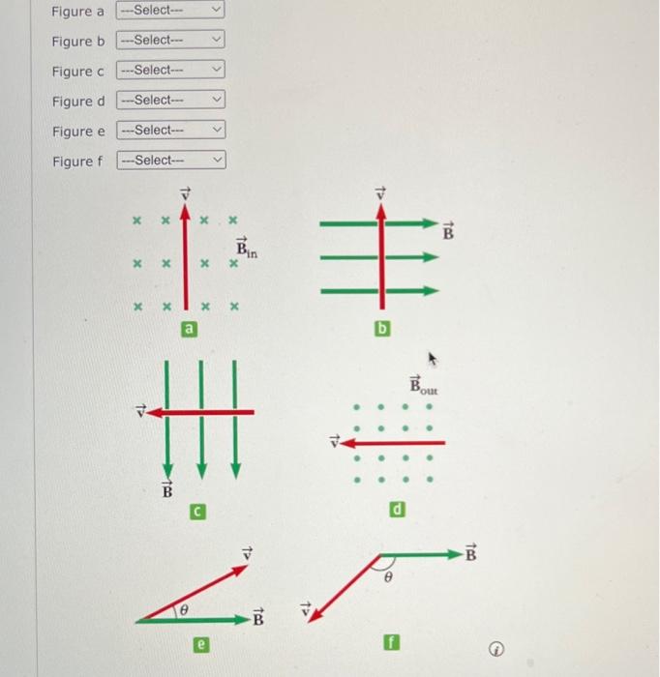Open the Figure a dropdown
[x=170, y=11]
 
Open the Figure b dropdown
[x=170, y=41]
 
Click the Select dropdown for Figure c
[x=170, y=71]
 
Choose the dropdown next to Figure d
[x=170, y=101]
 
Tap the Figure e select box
[x=170, y=131]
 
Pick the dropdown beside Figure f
[x=170, y=161]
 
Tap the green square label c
[x=196, y=510]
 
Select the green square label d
[x=398, y=510]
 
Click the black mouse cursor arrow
[x=433, y=361]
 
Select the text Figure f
[x=76, y=162]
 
